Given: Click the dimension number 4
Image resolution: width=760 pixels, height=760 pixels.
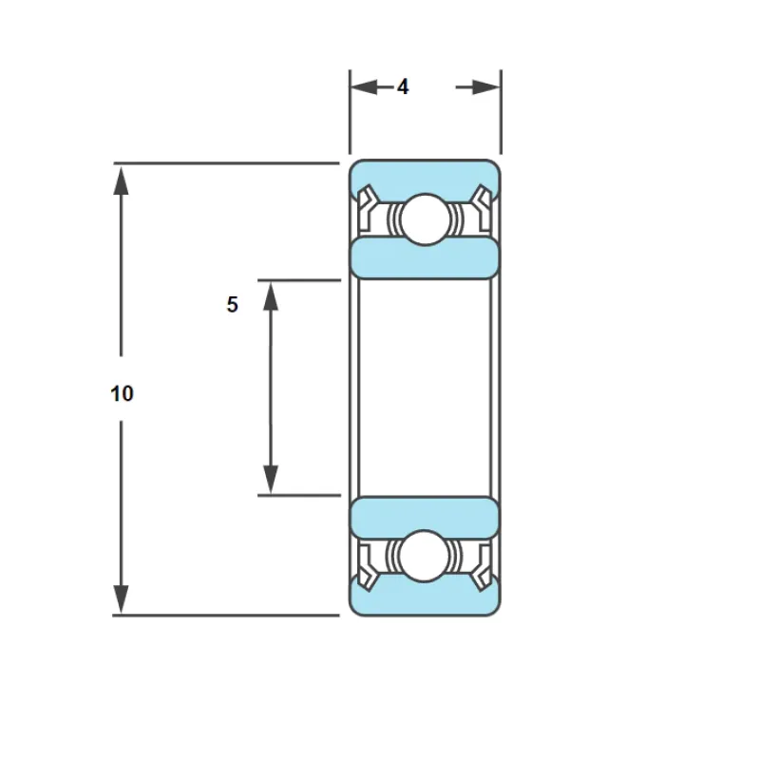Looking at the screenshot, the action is tap(403, 87).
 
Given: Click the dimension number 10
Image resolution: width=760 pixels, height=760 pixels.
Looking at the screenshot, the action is tap(122, 393).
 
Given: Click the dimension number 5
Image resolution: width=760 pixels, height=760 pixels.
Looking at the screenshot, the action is tap(232, 304).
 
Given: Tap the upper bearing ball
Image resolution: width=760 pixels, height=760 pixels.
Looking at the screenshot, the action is tap(425, 219).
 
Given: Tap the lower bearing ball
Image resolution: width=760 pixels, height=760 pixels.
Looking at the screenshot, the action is tap(424, 556).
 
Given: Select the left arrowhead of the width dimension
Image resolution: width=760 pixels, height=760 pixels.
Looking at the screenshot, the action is tap(364, 87).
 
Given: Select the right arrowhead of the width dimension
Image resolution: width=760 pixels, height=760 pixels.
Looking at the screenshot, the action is tap(486, 87).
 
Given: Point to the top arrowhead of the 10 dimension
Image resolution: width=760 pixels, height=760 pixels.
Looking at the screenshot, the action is tap(121, 180).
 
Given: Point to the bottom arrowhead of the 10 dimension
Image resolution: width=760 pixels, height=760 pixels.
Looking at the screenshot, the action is tap(121, 599).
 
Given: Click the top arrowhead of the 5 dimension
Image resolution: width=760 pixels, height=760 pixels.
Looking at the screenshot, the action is tap(271, 296).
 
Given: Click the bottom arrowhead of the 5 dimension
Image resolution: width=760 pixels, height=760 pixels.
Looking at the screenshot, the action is tap(271, 480).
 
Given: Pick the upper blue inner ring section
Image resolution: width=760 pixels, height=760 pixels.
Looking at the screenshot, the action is tap(425, 257).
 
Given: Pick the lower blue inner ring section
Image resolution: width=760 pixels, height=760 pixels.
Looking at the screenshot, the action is tap(425, 518).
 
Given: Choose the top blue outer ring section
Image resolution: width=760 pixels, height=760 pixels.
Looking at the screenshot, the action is tap(425, 177).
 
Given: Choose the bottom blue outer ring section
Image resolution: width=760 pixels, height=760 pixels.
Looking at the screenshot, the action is tap(425, 598).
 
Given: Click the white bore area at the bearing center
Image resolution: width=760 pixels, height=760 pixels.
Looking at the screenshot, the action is tap(425, 388).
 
